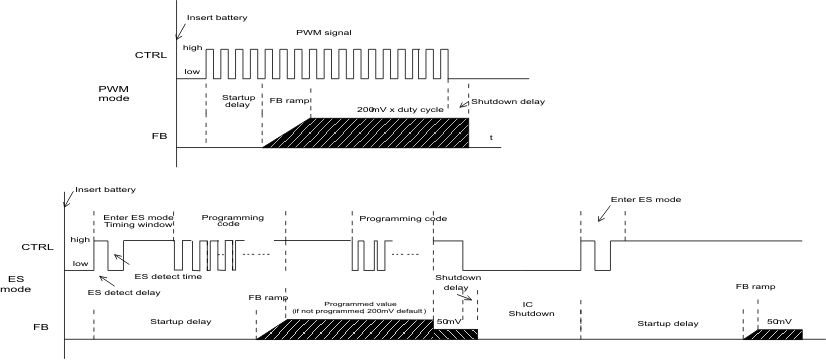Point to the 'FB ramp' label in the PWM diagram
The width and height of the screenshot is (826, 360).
pos(289,101)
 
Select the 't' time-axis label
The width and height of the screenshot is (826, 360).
pos(491,136)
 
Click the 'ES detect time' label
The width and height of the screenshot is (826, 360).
pos(160,276)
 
